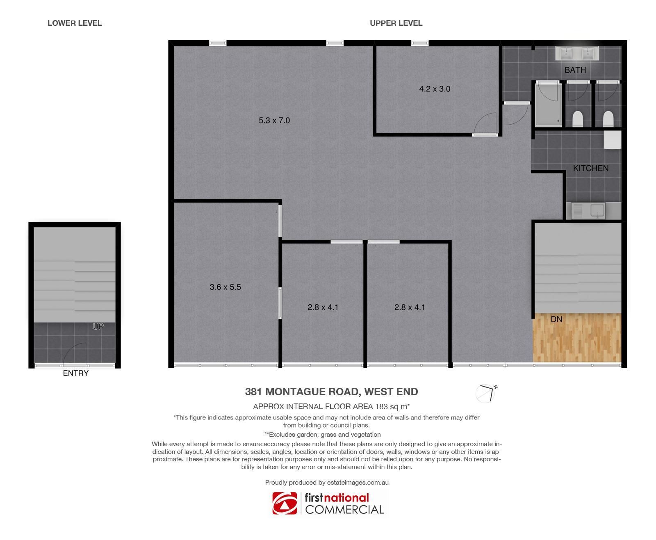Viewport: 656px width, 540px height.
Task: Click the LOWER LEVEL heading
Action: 75,23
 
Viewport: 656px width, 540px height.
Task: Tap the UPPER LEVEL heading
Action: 396,23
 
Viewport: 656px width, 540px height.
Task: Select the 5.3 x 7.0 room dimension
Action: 274,121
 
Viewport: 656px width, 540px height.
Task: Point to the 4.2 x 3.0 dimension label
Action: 435,89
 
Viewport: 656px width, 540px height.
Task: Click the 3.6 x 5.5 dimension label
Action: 225,287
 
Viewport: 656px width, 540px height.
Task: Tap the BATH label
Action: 575,70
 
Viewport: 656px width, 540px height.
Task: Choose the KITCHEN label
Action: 591,168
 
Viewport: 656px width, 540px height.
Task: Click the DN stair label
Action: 556,319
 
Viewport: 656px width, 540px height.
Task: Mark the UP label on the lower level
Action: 98,326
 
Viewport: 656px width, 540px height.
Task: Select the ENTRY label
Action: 75,373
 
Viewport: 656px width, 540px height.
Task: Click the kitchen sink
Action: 588,211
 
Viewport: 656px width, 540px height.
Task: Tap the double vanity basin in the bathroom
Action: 577,53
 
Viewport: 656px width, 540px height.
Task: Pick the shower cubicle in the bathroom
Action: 549,104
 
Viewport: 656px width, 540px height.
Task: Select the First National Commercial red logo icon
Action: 285,503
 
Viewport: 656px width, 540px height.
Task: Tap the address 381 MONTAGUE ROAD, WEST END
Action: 331,392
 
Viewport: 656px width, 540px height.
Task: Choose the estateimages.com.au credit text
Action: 358,483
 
